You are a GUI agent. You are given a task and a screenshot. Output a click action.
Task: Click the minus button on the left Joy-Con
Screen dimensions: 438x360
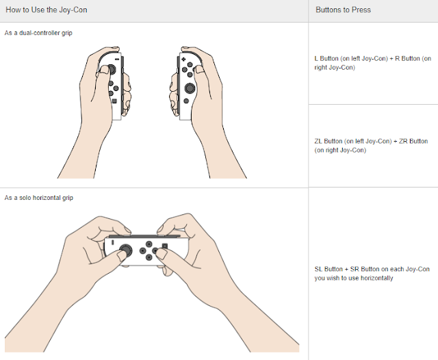tap(117, 60)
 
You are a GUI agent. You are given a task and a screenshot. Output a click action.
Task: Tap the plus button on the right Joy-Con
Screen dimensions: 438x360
tap(183, 60)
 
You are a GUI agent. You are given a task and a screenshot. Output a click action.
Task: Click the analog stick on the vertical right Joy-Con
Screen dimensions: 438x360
tap(190, 88)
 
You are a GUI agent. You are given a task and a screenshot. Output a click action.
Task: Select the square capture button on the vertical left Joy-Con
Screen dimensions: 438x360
tap(114, 101)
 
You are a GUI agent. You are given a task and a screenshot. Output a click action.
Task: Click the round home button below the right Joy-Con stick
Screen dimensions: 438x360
tap(186, 101)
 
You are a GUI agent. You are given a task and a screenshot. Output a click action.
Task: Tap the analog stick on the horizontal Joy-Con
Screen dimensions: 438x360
tap(126, 250)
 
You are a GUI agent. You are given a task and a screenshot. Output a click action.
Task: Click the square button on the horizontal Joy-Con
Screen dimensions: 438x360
tap(165, 246)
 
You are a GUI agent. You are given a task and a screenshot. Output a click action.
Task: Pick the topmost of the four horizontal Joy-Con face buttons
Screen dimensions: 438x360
tap(149, 244)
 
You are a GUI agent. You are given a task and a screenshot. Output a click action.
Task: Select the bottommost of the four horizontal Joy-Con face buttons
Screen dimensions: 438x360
tap(149, 257)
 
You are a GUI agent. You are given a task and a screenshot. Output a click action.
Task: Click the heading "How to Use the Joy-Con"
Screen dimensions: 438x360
tap(47, 10)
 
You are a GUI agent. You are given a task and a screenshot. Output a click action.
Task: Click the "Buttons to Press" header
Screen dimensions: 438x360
tap(343, 10)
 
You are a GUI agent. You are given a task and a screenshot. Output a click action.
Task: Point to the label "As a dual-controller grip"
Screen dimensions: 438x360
tap(38, 33)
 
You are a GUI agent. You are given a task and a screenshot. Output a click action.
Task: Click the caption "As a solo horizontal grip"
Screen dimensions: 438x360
tap(39, 198)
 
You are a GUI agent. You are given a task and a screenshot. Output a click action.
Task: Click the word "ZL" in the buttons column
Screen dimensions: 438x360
tap(318, 141)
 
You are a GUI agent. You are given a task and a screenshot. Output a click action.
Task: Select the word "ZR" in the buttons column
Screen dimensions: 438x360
tap(403, 141)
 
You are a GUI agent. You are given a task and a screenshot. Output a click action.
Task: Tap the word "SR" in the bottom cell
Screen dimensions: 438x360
tap(355, 269)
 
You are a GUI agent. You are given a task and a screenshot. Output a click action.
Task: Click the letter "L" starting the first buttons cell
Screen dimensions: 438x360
tap(316, 59)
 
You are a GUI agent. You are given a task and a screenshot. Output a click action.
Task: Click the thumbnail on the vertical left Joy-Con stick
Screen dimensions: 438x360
tap(105, 70)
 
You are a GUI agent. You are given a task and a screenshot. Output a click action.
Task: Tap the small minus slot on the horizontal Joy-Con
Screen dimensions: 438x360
tap(112, 242)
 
